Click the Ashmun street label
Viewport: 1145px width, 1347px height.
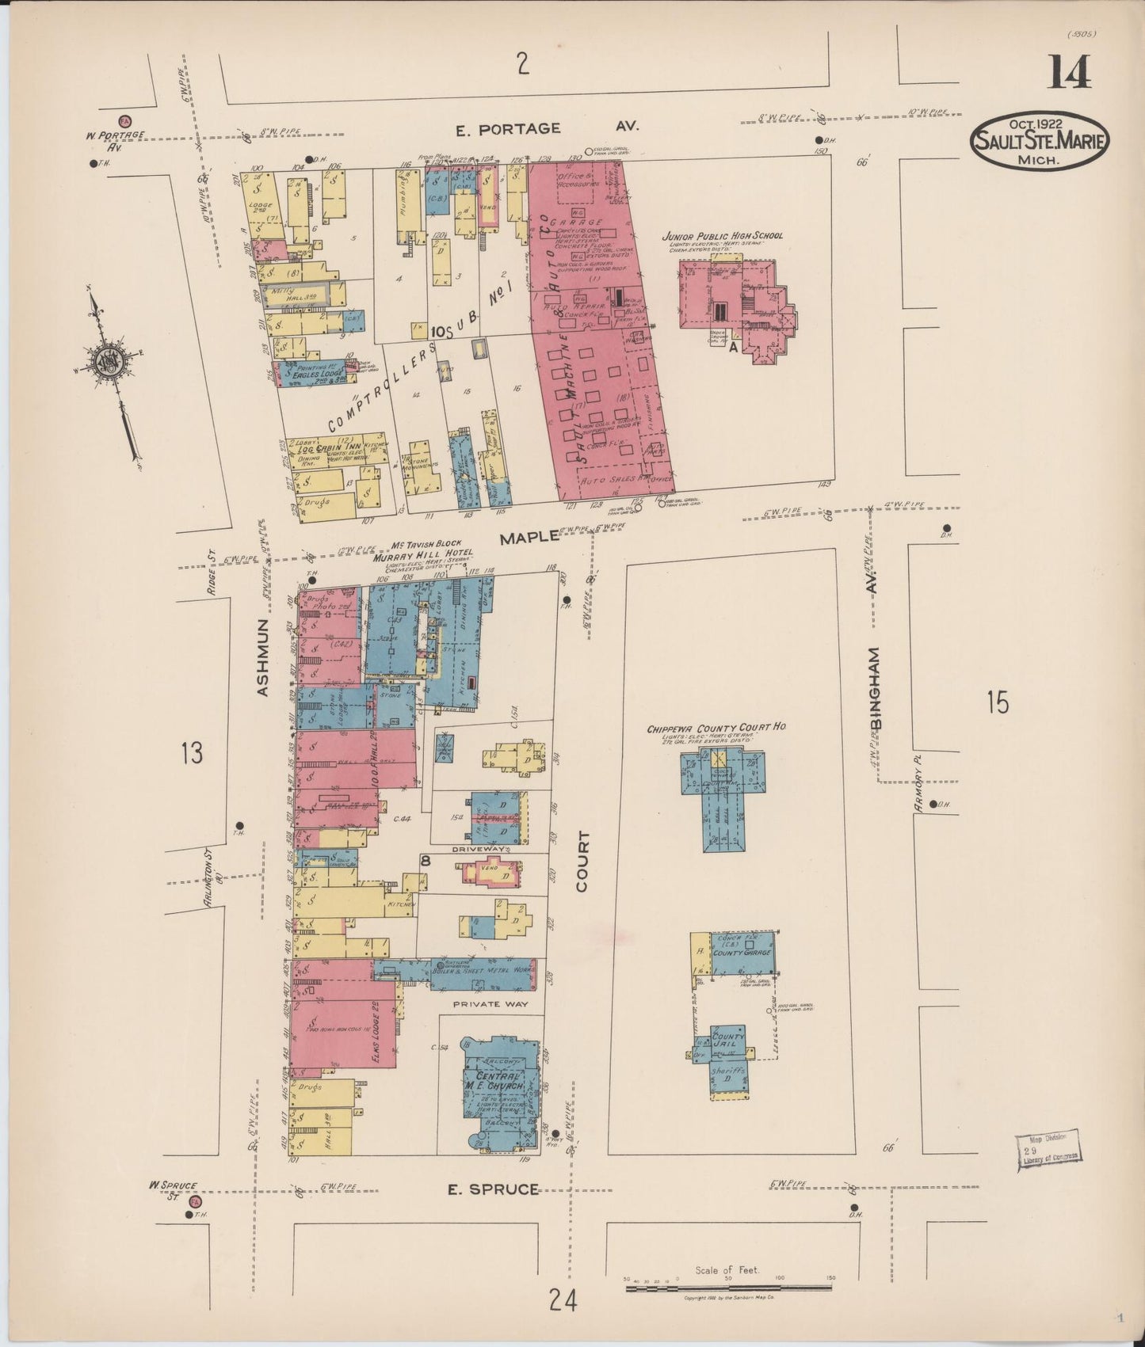pos(264,657)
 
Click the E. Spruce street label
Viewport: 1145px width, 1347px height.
pos(493,1189)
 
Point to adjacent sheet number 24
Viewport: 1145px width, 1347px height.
pos(562,1299)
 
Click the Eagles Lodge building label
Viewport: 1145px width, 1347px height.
pos(315,373)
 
